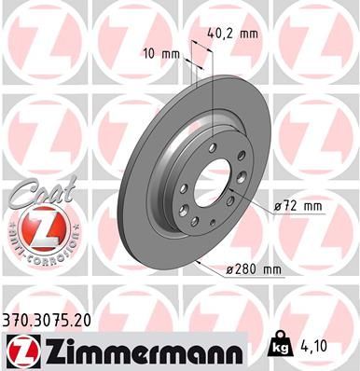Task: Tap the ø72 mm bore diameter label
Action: click(x=297, y=204)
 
